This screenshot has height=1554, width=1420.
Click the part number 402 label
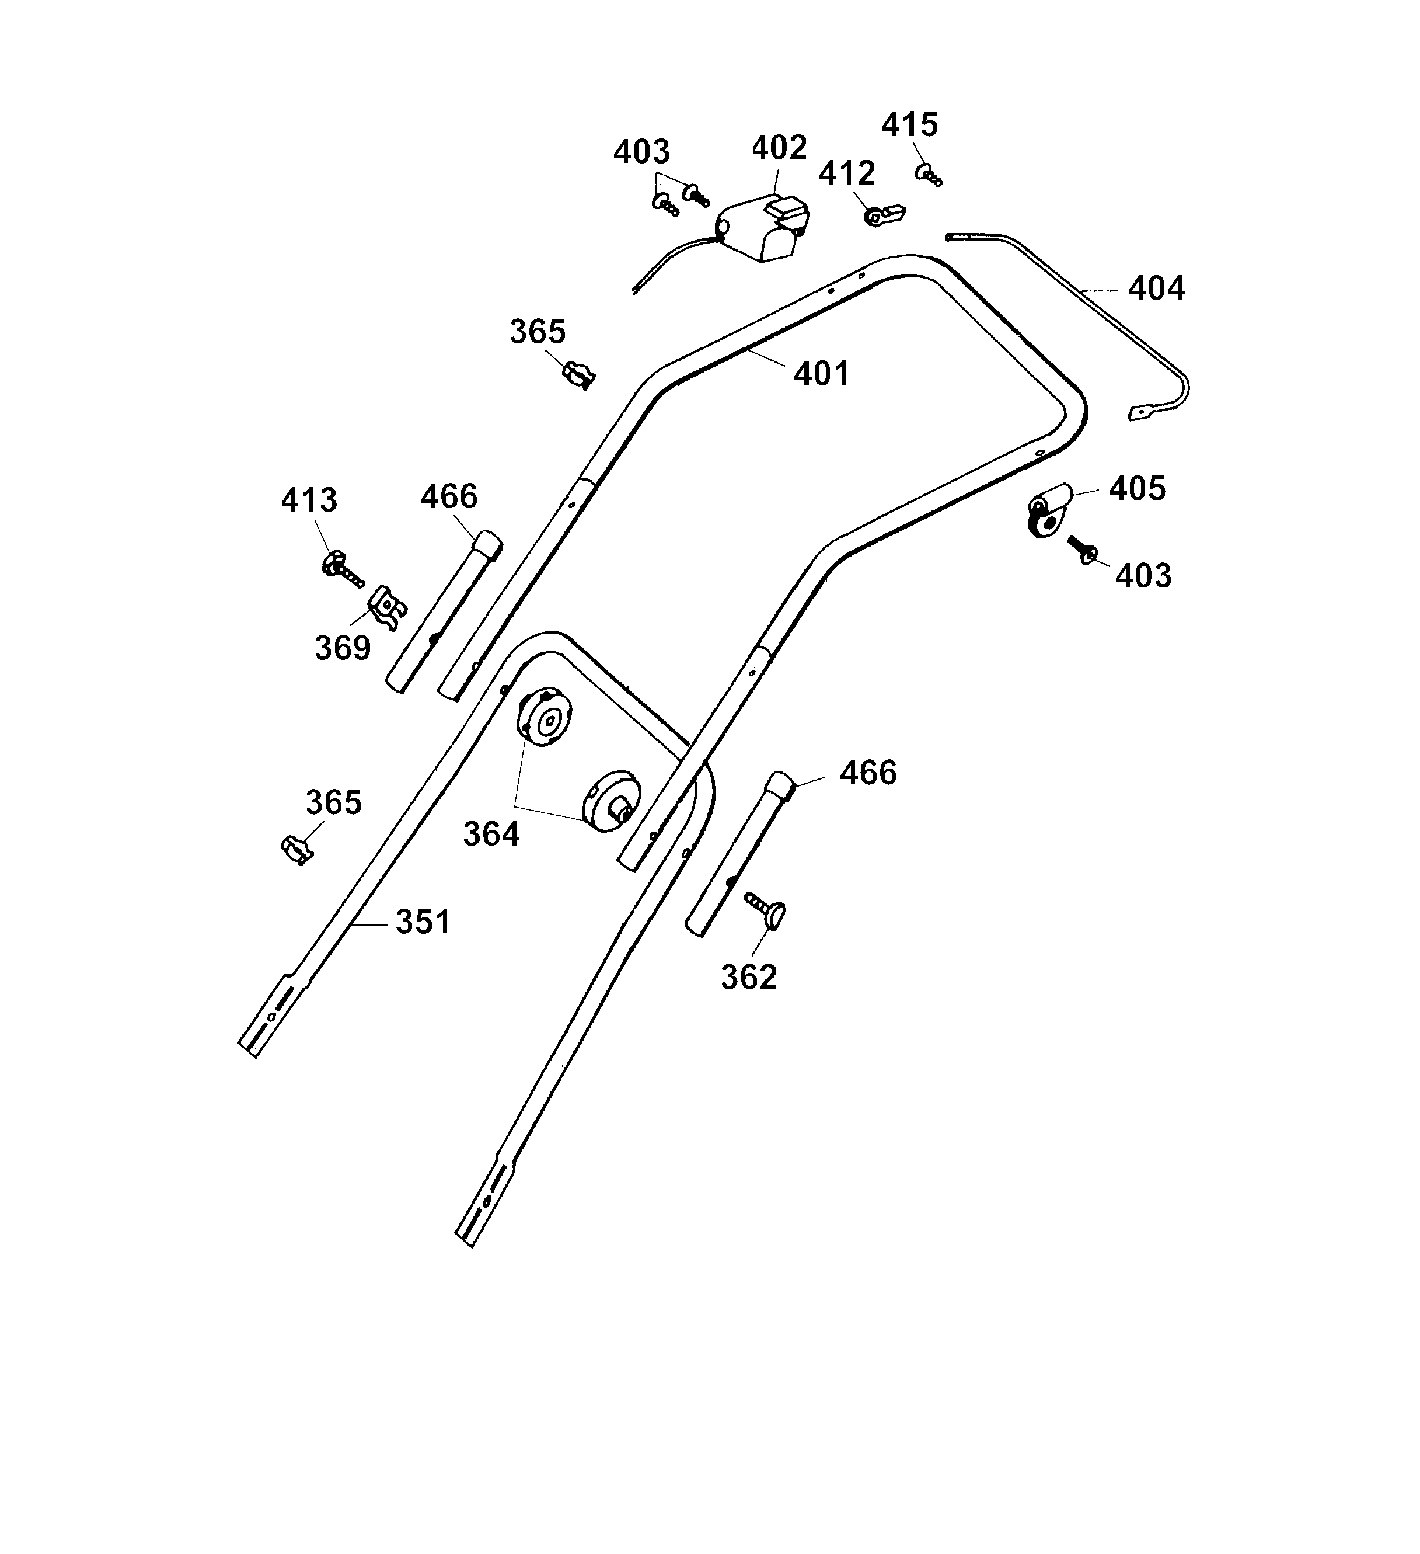779,147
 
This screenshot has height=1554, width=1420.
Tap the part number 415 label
909,124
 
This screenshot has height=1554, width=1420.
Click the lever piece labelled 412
885,214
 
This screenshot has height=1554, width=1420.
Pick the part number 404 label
1156,288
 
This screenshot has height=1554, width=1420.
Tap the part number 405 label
1138,488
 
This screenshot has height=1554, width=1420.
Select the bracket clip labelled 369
387,607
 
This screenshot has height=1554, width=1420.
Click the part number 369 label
343,648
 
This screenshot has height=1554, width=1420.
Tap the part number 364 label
491,834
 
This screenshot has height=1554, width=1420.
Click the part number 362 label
749,976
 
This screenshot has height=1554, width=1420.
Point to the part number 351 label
423,922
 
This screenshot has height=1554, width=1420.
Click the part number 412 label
847,173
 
